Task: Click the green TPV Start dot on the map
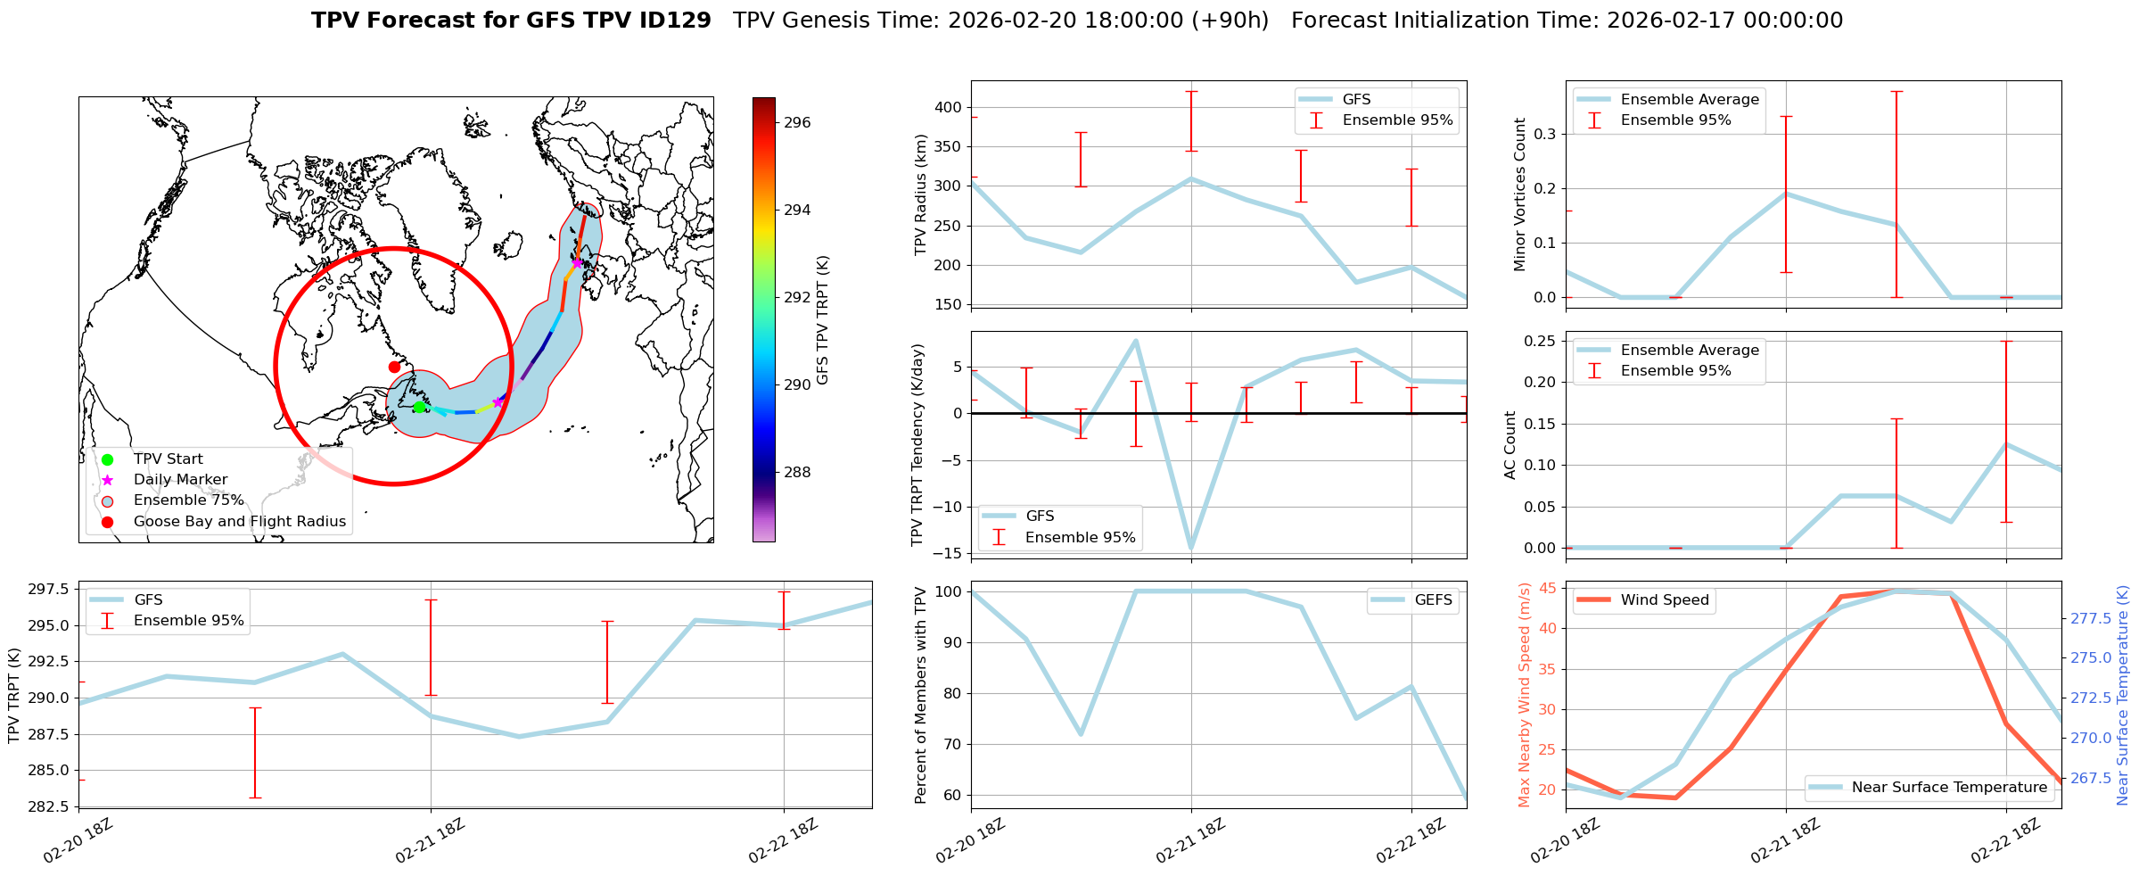[x=419, y=408]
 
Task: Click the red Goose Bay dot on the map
[x=394, y=367]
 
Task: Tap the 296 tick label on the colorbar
[x=797, y=122]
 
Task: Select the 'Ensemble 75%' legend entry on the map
[x=188, y=500]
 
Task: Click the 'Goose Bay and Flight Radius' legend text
[x=239, y=522]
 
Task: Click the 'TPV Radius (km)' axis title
[x=921, y=194]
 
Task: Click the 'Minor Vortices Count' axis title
[x=1519, y=194]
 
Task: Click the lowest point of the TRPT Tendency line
[x=1191, y=548]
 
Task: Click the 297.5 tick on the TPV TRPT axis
[x=51, y=589]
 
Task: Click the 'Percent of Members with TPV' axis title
[x=921, y=695]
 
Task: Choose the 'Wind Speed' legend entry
[x=1664, y=600]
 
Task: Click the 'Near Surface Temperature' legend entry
[x=1948, y=788]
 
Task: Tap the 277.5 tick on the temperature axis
[x=2090, y=618]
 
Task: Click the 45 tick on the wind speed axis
[x=1548, y=588]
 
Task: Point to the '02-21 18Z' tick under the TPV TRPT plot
[x=431, y=840]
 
